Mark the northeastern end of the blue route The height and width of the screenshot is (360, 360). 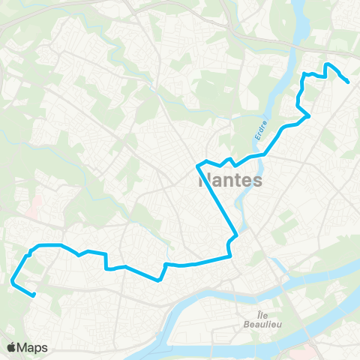tap(349, 82)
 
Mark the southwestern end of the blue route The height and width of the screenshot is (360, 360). tap(34, 295)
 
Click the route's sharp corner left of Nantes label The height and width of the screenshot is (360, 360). tap(196, 164)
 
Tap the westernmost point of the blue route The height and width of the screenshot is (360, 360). tap(12, 281)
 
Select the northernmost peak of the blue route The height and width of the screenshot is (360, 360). tap(327, 64)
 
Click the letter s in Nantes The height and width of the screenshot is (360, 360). tap(257, 181)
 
